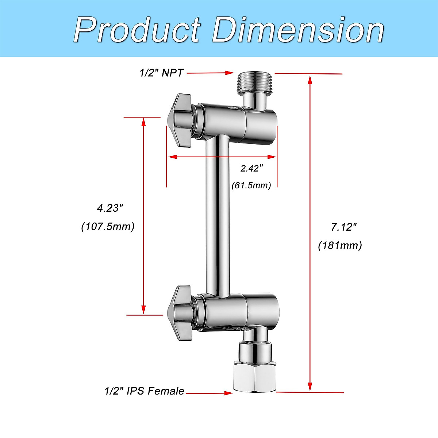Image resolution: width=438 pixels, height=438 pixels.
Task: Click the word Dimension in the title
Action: tap(297, 29)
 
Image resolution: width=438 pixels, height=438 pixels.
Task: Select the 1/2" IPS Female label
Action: tap(144, 391)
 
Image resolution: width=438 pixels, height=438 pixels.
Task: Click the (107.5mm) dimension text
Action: tap(108, 227)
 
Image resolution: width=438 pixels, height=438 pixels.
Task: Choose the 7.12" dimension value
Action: tap(343, 227)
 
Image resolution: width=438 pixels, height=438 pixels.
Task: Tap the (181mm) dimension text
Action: tap(340, 245)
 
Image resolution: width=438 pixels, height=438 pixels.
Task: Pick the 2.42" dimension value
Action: tap(251, 168)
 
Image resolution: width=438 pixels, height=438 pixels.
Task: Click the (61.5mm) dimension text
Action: tap(251, 185)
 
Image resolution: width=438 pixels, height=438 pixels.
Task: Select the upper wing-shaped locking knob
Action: tap(180, 120)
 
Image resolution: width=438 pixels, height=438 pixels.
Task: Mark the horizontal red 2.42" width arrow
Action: tap(222, 157)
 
